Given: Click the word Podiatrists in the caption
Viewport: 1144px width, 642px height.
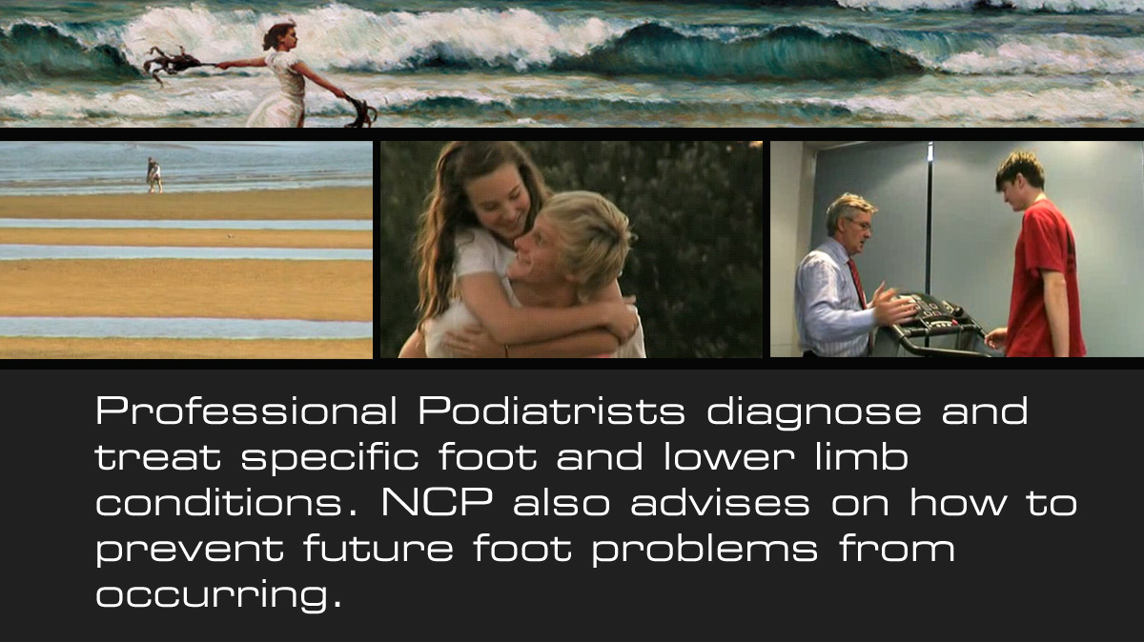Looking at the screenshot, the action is [x=552, y=411].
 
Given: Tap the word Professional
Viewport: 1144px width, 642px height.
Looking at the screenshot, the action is [x=246, y=411].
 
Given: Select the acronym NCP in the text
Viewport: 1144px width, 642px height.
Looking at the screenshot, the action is [x=438, y=503].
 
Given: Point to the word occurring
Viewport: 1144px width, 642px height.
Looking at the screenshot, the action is [x=218, y=594].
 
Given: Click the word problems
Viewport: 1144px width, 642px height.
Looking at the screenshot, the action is [x=705, y=549].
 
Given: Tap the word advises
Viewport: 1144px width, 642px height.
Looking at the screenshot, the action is [x=720, y=502].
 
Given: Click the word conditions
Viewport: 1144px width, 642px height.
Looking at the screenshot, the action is [x=226, y=502].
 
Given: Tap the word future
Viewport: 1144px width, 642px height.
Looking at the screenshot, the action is [x=378, y=548].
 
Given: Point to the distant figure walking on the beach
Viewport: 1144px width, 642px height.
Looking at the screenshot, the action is [x=154, y=175].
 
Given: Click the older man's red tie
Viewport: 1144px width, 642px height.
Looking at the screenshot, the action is [x=859, y=286].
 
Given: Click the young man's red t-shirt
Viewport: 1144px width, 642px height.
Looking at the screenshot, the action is [x=1045, y=278].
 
